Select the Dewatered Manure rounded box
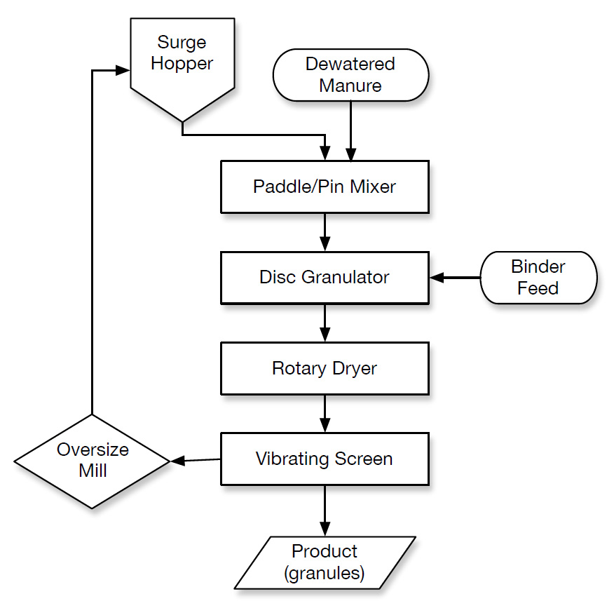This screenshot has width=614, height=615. pos(350,75)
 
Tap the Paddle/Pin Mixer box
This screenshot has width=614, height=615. pos(325,187)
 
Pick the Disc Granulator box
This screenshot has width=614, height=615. pos(325,277)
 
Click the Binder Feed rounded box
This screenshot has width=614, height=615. pos(538,278)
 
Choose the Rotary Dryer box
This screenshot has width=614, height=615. pos(325,368)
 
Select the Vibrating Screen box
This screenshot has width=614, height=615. pos(325,459)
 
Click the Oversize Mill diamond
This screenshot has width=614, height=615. pos(93,461)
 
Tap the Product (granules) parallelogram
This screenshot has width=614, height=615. pos(325,562)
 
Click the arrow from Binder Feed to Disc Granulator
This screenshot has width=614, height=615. pos(456,278)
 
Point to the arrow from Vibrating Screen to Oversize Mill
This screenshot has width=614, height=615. pos(196,460)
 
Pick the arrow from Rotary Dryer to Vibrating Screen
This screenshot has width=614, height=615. pos(325,414)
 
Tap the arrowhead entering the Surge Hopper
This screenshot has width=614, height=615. pos(123,70)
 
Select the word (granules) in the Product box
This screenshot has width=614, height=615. pos(325,573)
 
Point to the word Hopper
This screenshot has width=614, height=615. pos(182,63)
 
